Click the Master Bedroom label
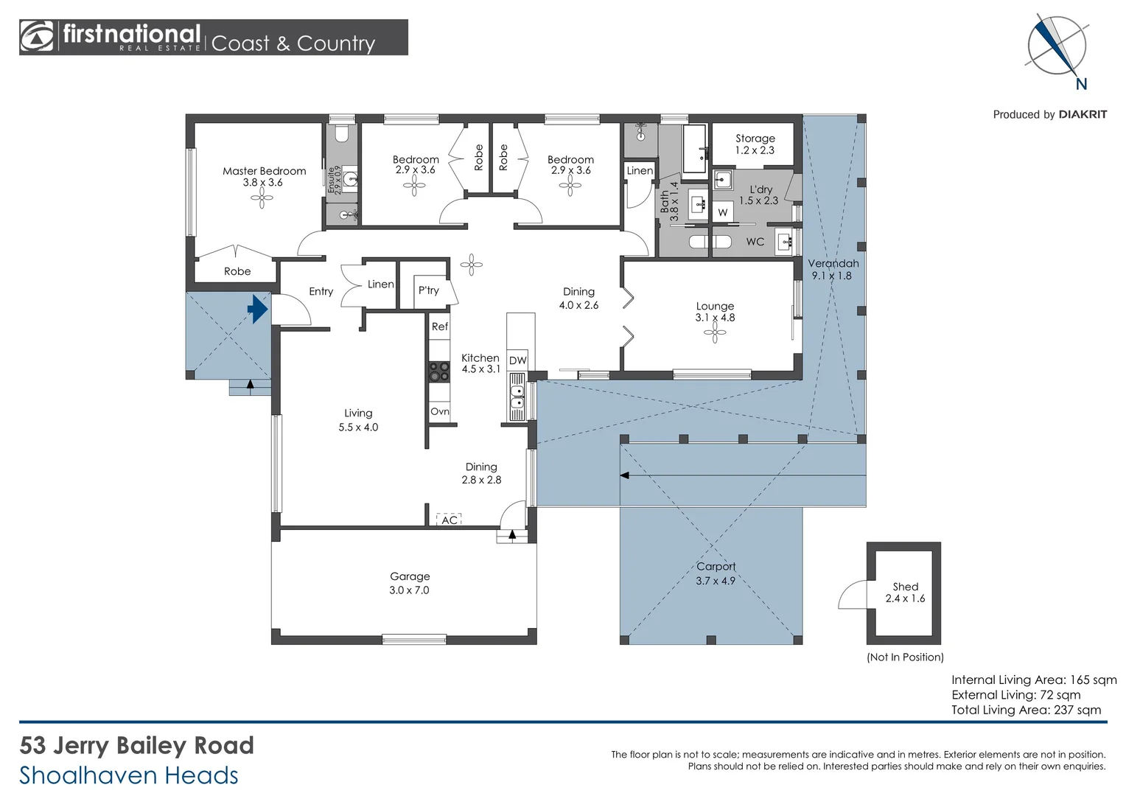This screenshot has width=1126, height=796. (264, 171)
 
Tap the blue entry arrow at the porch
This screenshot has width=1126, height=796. (257, 309)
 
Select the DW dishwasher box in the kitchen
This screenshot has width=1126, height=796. (517, 360)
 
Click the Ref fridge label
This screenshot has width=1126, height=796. (440, 327)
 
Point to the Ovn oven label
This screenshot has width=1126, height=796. (440, 412)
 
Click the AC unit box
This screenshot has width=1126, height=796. (449, 520)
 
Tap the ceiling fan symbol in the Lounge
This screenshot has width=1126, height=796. (714, 334)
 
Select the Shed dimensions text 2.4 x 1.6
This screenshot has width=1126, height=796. (905, 598)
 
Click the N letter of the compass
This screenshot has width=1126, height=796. (1081, 84)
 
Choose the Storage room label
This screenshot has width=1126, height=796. (755, 138)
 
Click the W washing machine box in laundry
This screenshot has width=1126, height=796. (722, 212)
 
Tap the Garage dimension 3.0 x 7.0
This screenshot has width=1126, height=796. (409, 590)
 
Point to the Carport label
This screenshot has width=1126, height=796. (716, 566)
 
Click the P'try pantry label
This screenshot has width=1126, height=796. (428, 290)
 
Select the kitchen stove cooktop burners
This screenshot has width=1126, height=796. (439, 371)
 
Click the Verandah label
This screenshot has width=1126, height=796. (833, 263)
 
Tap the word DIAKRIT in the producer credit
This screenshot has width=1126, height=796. (1083, 114)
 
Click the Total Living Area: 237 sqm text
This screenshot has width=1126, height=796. (1026, 710)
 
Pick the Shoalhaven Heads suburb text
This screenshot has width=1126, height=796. (129, 775)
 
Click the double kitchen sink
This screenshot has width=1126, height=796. (517, 397)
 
